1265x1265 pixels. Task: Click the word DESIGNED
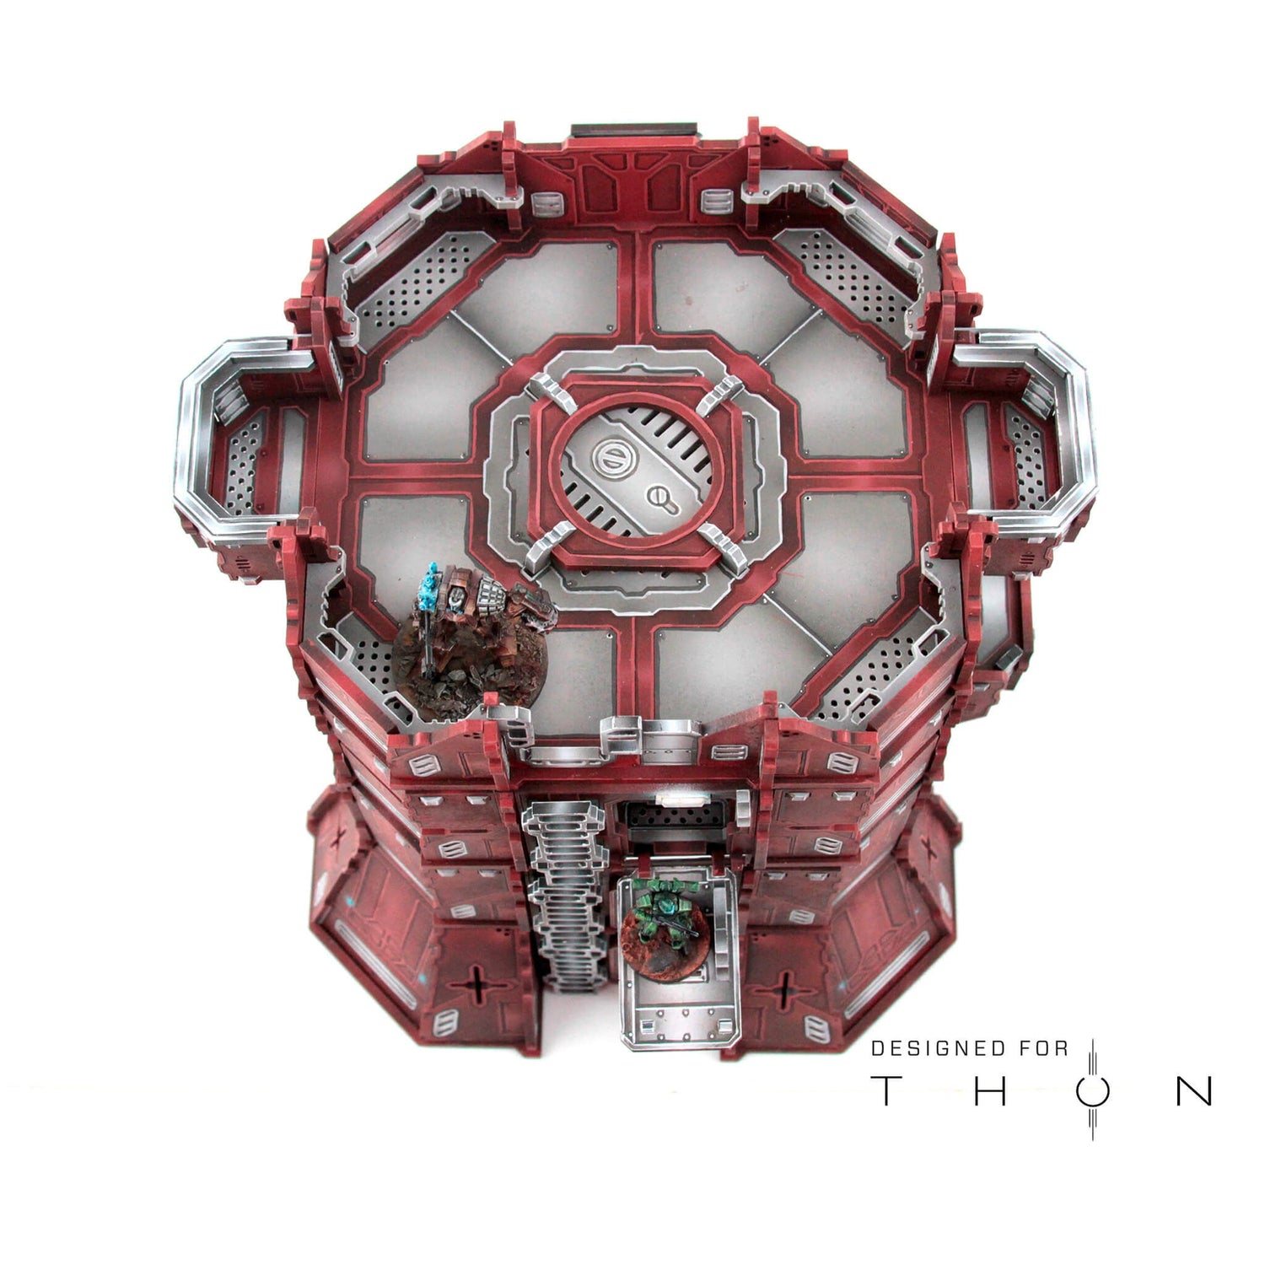pos(939,1048)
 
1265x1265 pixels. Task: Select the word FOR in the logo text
pos(1042,1048)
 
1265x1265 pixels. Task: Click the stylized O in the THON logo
pos(1093,1090)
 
